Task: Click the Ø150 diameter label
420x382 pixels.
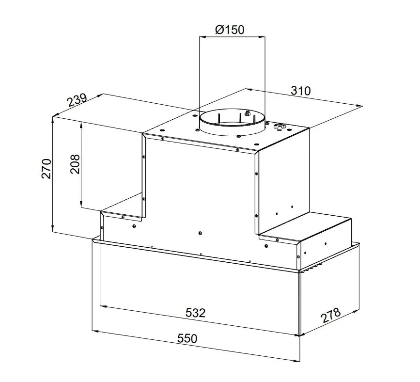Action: (230, 29)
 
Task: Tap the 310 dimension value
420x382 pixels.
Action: (300, 91)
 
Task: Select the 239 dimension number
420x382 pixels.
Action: (77, 100)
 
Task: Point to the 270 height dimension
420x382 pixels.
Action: (46, 169)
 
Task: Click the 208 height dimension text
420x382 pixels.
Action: (75, 164)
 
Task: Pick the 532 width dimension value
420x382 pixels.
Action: (195, 313)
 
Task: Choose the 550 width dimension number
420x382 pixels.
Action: (187, 338)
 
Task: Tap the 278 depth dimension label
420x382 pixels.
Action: (331, 315)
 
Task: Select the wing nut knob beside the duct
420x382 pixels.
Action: (280, 126)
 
